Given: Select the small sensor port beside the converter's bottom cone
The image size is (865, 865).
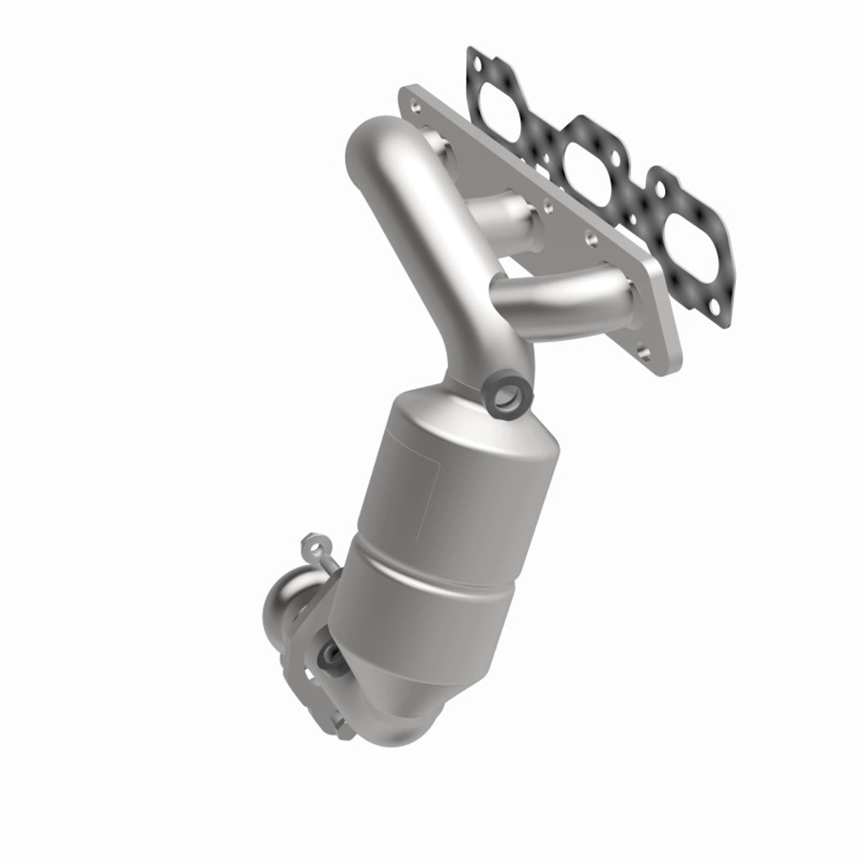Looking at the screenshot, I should tap(331, 652).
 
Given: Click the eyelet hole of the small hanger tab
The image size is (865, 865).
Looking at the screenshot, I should tap(312, 542).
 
